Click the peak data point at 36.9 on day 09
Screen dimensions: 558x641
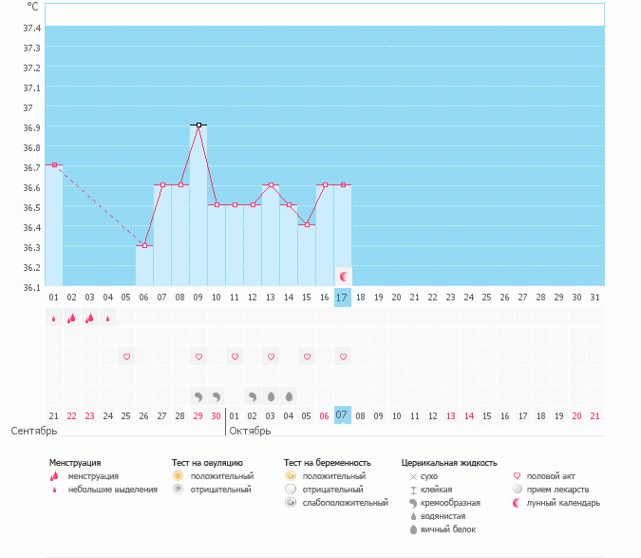[198, 125]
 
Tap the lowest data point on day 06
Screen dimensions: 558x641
[144, 245]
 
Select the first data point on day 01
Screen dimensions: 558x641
[54, 165]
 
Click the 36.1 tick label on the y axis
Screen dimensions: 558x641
[31, 287]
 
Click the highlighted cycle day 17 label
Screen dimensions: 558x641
[343, 298]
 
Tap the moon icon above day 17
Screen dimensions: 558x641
[344, 276]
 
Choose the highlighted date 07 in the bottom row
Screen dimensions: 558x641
[343, 415]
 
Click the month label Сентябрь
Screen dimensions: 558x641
[33, 432]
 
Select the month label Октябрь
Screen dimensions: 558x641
[251, 432]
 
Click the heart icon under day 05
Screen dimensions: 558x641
[126, 356]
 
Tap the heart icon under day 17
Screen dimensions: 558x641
[343, 356]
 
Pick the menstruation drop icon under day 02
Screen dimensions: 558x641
[71, 318]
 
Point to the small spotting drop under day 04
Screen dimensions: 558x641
[108, 318]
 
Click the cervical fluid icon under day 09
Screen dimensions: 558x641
[198, 395]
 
